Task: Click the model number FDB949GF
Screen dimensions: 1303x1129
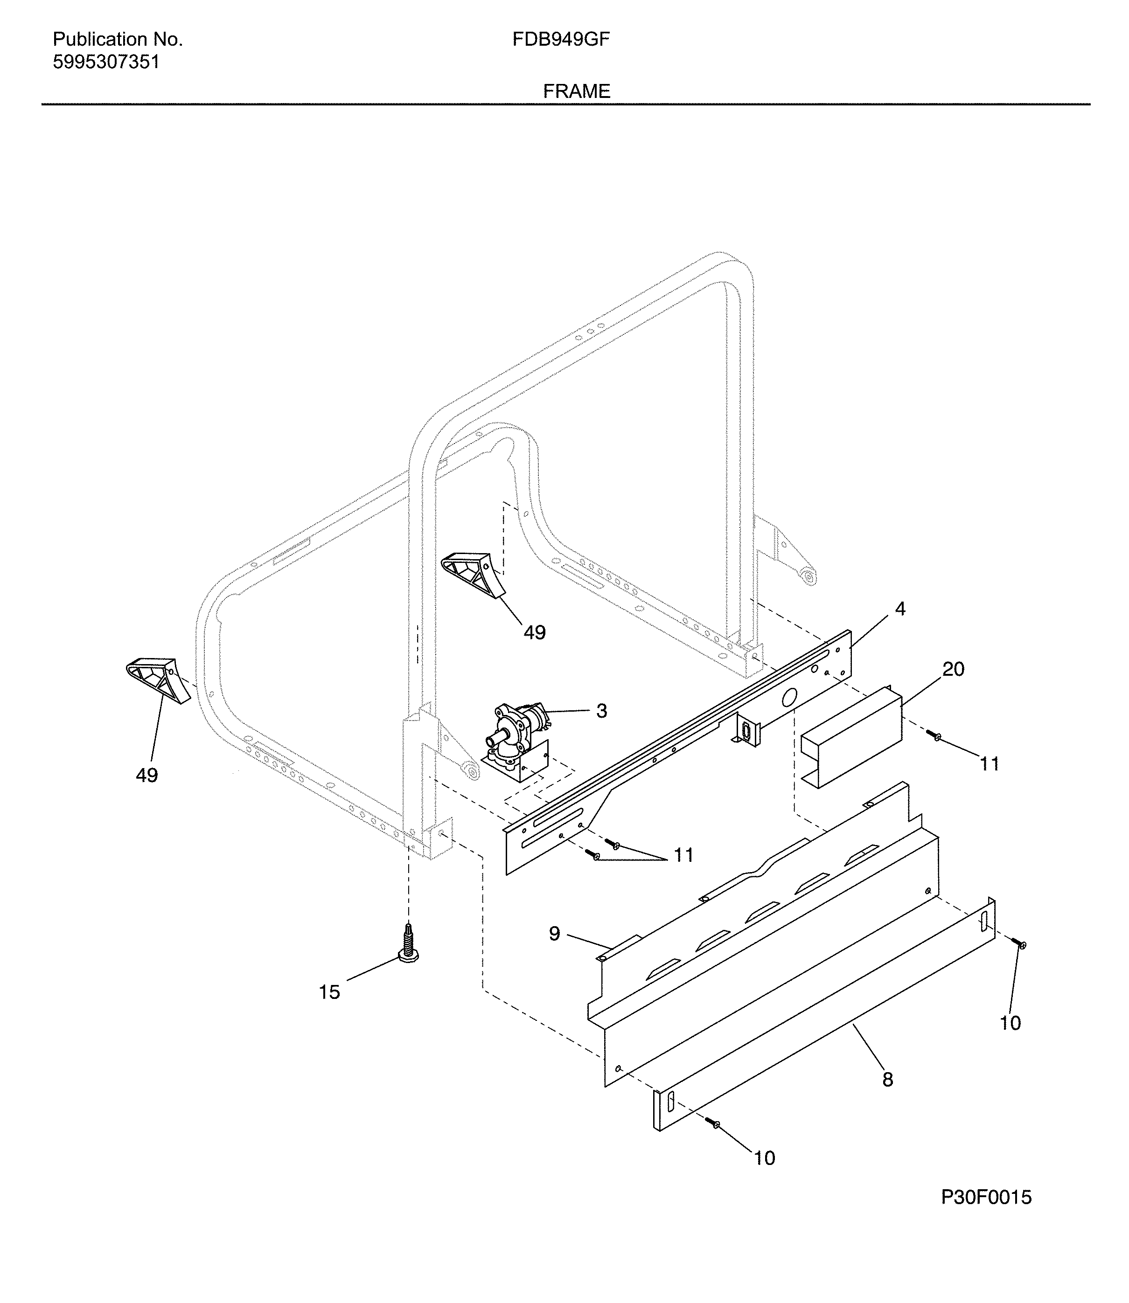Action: point(560,40)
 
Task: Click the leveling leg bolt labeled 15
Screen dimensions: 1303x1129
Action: point(409,945)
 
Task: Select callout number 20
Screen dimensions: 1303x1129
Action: point(953,669)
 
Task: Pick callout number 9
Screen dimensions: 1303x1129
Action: point(554,933)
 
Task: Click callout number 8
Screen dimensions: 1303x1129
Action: point(887,1080)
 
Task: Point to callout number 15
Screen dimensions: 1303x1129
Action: point(329,992)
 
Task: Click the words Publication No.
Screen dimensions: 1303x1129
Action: point(117,40)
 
